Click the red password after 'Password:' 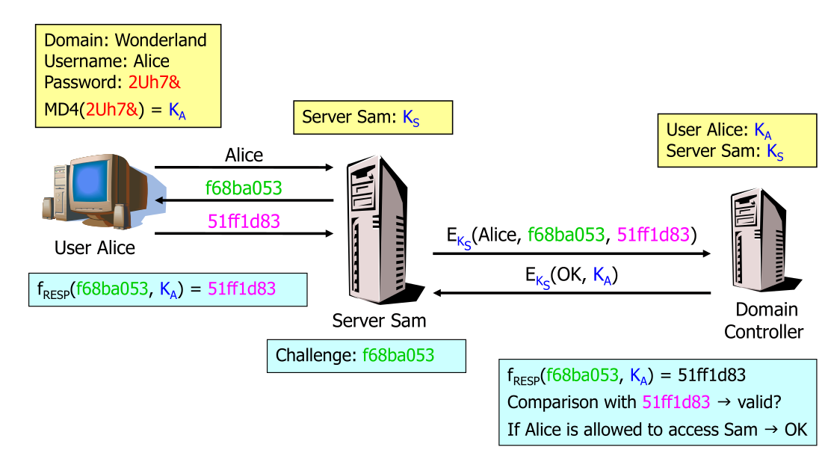point(155,82)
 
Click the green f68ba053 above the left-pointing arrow point(244,188)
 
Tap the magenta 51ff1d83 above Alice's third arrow point(244,221)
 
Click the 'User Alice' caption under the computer point(95,247)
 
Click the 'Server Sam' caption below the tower point(379,321)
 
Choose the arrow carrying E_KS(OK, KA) point(572,294)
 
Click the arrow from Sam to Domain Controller point(572,254)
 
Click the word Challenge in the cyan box point(315,355)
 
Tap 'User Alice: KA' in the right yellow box point(718,131)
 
